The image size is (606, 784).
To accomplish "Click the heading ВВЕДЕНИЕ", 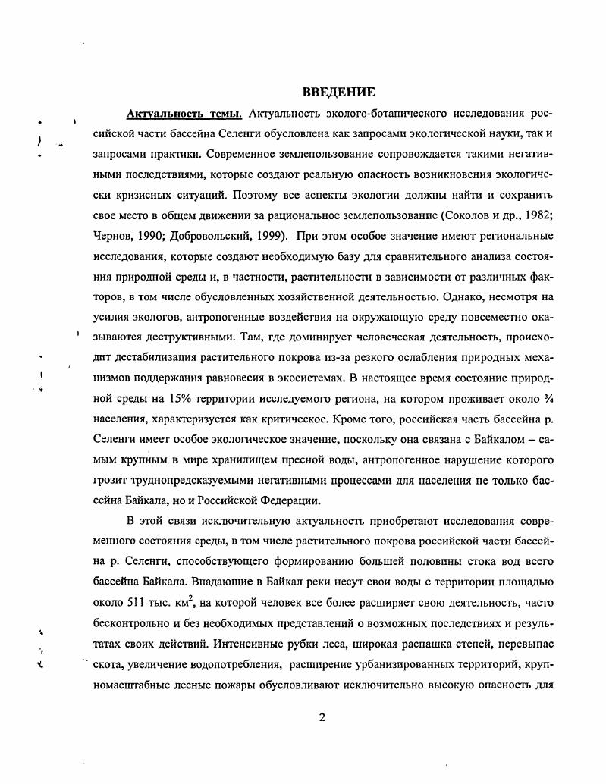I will coord(339,93).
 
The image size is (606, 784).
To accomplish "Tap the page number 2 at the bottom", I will coord(322,719).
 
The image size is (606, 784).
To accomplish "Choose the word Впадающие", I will coord(215,582).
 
